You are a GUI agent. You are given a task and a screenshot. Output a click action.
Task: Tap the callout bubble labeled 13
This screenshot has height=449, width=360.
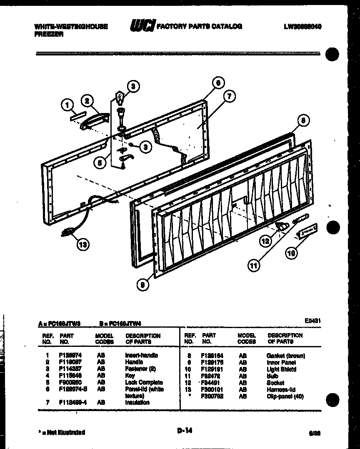point(83,245)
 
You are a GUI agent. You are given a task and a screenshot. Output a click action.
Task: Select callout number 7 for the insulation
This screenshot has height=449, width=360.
point(229,97)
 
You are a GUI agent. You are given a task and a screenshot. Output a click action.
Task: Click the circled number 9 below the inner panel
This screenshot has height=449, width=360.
point(142,285)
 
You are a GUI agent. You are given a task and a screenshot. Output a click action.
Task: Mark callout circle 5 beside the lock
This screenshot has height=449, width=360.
point(99,163)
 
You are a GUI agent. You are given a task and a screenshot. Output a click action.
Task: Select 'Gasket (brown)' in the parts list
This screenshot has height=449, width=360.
point(285,356)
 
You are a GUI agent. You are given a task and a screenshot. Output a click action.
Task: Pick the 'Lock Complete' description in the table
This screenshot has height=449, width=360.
point(144,382)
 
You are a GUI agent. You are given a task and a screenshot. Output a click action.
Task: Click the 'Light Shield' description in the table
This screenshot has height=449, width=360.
point(281,369)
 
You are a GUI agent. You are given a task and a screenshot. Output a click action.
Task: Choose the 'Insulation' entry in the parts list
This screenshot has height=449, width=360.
point(137,403)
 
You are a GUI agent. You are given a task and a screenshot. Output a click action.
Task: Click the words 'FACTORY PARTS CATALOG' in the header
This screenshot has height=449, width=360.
point(199,26)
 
